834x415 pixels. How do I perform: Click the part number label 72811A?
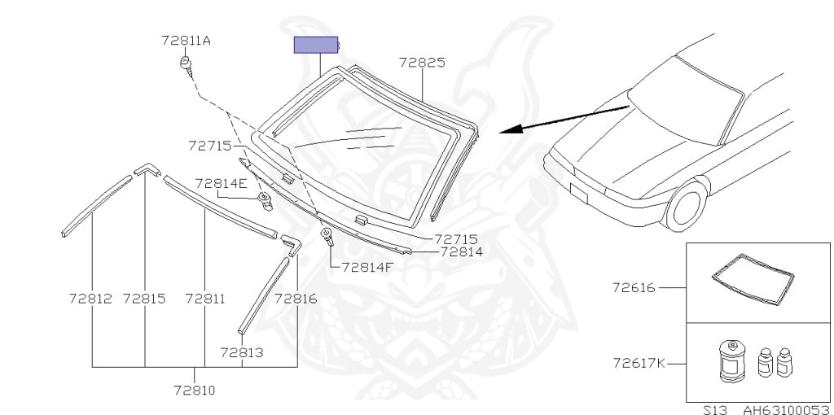[x=187, y=41]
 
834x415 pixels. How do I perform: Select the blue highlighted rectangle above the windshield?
[x=316, y=46]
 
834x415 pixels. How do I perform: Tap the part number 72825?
[x=422, y=63]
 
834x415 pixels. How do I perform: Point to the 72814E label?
[x=221, y=184]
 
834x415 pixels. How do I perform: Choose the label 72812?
[x=90, y=299]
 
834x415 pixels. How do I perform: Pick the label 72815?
[x=144, y=299]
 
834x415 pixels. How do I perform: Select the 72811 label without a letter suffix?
[x=205, y=299]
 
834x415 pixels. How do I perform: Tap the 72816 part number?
[x=296, y=299]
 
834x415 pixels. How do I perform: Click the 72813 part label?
[x=241, y=352]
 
